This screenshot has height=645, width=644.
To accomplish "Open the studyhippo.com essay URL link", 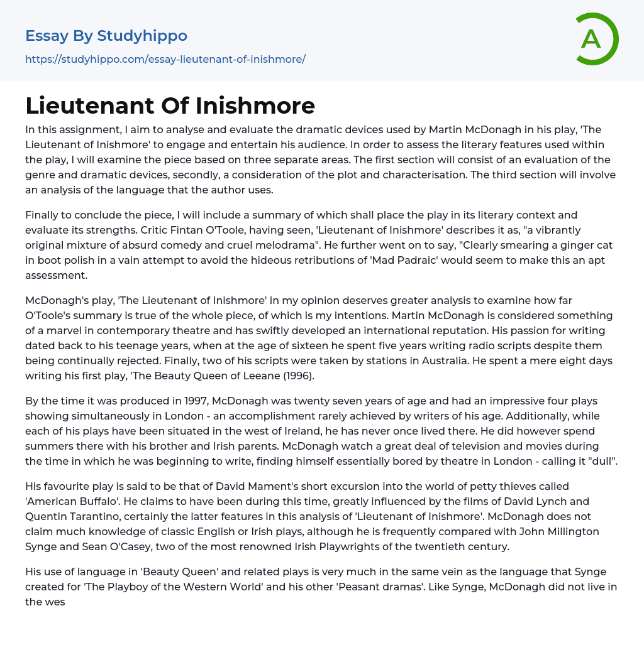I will (165, 60).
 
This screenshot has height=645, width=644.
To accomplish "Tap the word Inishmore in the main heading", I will (256, 106).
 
